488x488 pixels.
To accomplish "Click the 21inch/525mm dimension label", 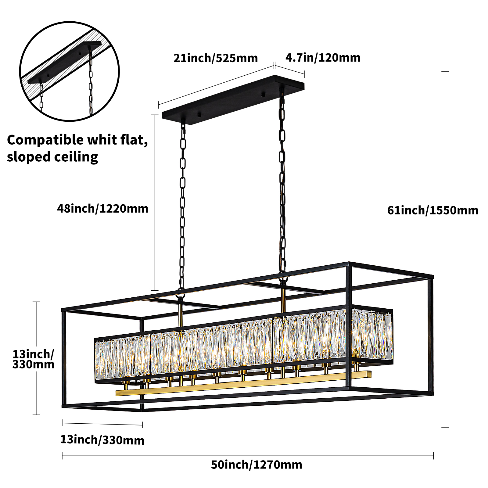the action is pyautogui.click(x=216, y=58).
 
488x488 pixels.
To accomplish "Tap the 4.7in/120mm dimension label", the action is pyautogui.click(x=323, y=58).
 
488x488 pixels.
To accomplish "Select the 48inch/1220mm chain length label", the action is pyautogui.click(x=103, y=209).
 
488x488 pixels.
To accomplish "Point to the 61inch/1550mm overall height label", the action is pyautogui.click(x=433, y=210).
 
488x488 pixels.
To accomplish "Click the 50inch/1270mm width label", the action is pyautogui.click(x=257, y=465).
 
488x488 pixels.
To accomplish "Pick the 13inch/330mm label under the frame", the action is pyautogui.click(x=102, y=440).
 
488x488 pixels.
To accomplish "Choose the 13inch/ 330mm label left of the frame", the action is pyautogui.click(x=33, y=359).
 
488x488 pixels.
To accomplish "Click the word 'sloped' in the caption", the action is pyautogui.click(x=29, y=157).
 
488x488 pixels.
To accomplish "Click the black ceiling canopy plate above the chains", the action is pyautogui.click(x=233, y=100).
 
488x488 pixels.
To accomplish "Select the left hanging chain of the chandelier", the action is pyautogui.click(x=182, y=207).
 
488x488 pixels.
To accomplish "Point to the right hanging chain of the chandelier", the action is pyautogui.click(x=282, y=183).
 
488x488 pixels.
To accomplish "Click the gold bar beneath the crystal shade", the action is pyautogui.click(x=243, y=383).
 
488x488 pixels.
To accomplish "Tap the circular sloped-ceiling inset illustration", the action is pyautogui.click(x=70, y=71).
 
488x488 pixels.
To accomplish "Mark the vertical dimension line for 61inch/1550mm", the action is pyautogui.click(x=445, y=249).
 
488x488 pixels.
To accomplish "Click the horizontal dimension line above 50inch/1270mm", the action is pyautogui.click(x=248, y=456).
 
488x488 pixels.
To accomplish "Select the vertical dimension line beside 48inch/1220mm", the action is pyautogui.click(x=155, y=203).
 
